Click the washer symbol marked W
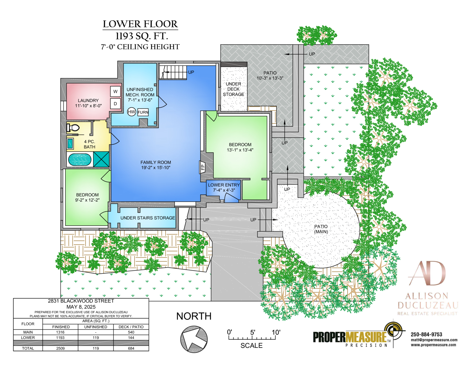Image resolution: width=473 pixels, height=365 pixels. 115,92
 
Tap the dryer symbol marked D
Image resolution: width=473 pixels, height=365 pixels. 115,104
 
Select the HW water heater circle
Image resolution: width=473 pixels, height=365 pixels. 132,112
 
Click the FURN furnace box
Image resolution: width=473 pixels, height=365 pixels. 143,112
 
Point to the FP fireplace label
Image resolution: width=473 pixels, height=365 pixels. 203,167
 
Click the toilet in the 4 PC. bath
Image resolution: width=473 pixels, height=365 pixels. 73,128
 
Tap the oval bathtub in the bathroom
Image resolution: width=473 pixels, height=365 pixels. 80,159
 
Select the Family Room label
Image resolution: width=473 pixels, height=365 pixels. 155,165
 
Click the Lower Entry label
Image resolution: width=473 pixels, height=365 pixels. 224,188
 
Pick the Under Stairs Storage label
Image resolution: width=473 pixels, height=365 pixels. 148,218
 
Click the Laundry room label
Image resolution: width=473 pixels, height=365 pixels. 88,103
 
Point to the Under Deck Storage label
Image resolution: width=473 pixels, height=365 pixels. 233,89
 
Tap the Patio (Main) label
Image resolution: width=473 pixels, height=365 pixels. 321,229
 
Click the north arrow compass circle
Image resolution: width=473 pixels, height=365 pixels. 194,339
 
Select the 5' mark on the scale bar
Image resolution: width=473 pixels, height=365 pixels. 252,333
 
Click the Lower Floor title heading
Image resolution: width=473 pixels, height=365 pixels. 140,24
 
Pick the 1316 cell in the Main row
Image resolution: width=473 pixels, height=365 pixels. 60,332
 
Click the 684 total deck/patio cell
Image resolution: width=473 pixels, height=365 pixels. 131,348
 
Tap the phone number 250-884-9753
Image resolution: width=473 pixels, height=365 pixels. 426,334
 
